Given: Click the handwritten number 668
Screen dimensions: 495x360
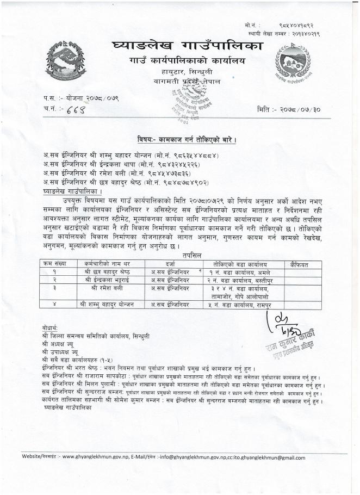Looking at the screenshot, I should coord(71,109).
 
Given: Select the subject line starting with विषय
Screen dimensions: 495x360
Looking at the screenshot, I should coord(186,139).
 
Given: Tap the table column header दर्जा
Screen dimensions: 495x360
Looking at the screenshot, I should coord(170,263).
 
